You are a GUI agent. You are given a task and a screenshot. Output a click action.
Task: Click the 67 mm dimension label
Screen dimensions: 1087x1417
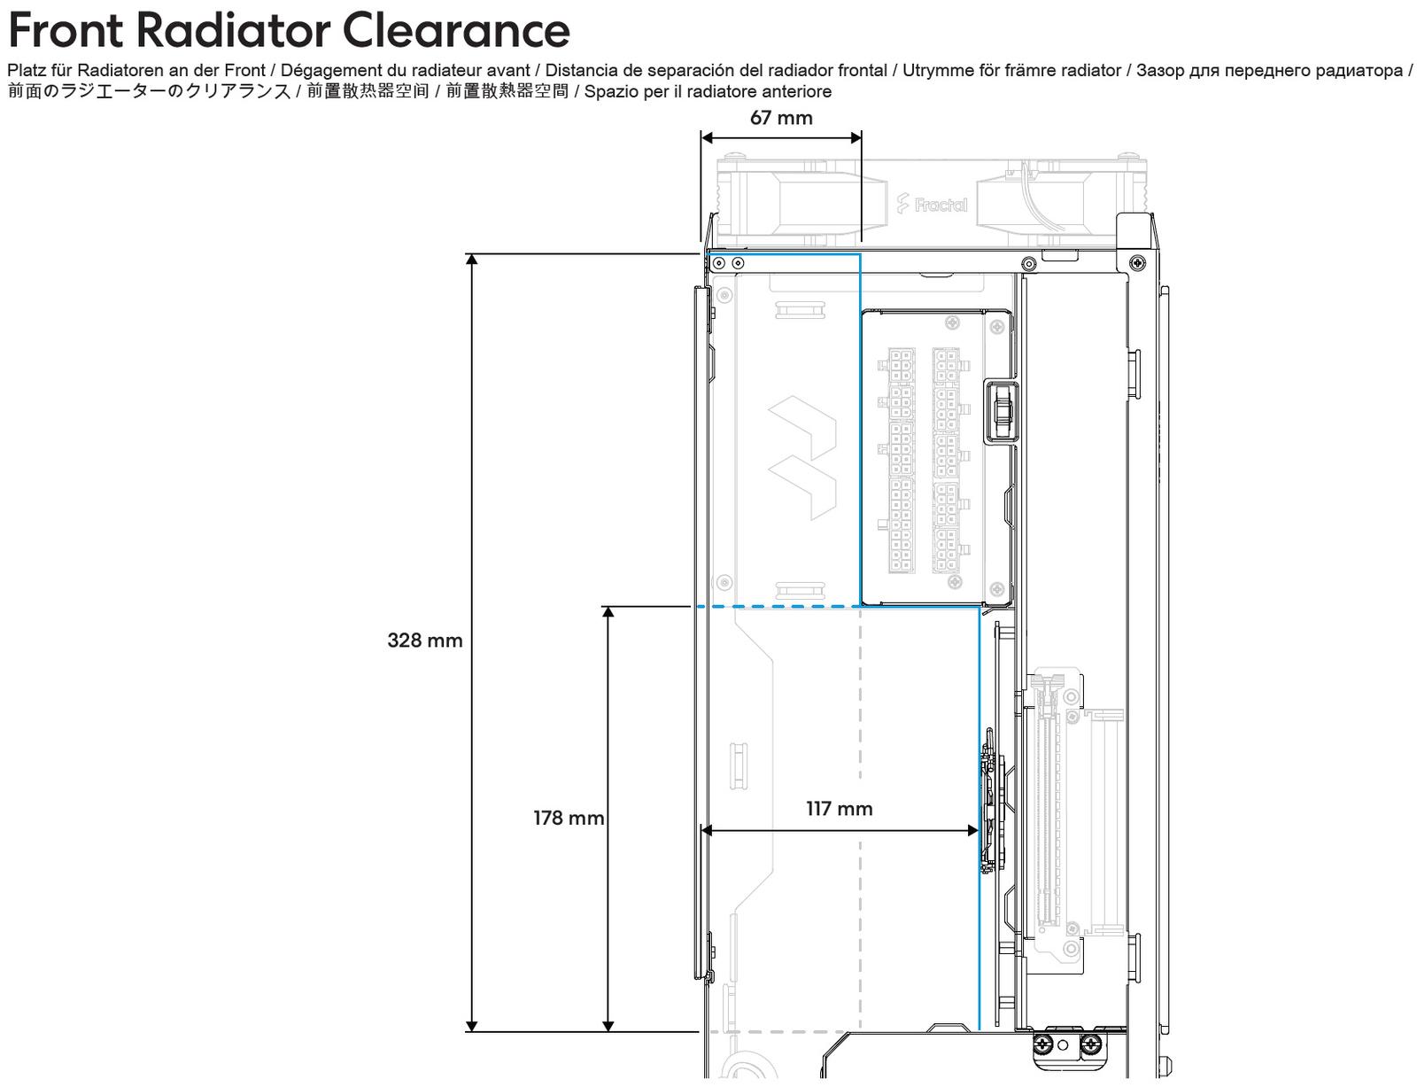tap(780, 118)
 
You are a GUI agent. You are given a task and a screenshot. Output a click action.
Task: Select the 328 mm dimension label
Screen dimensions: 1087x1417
tap(425, 641)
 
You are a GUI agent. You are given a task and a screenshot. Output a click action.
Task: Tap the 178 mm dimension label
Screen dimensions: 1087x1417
tap(569, 818)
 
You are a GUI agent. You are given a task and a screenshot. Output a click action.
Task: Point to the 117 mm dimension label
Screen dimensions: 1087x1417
tap(839, 809)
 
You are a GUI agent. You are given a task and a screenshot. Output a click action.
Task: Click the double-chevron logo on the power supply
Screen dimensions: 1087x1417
tap(801, 457)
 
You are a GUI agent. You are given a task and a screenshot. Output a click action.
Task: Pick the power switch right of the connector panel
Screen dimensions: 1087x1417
tap(1002, 411)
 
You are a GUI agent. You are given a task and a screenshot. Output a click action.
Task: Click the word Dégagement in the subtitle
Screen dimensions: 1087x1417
tap(325, 71)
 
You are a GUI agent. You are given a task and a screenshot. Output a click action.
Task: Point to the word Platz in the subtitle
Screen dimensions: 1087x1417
tap(24, 71)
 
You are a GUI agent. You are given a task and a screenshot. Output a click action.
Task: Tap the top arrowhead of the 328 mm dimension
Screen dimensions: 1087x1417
tap(472, 260)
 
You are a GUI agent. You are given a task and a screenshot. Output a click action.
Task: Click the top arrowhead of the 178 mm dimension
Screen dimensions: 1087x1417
tap(608, 612)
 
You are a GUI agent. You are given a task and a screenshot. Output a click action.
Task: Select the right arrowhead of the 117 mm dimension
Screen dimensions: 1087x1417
tap(973, 830)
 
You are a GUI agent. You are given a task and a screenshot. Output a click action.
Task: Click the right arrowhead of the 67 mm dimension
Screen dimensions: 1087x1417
tap(856, 137)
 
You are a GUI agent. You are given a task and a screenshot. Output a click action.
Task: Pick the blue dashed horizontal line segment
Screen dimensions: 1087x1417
tap(779, 607)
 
